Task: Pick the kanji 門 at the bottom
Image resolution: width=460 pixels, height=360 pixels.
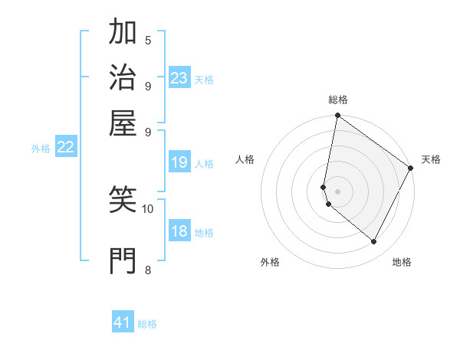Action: [123, 260]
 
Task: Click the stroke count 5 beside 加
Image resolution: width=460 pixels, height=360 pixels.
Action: [148, 40]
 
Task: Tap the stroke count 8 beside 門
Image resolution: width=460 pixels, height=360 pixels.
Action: [148, 269]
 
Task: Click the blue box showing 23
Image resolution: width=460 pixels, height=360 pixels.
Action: [179, 78]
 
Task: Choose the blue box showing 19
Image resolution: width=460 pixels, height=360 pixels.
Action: [179, 162]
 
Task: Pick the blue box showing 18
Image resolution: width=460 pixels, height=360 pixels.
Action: [179, 232]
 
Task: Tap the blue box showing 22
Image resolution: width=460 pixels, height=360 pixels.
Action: [66, 148]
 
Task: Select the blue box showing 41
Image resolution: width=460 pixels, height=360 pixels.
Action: [123, 322]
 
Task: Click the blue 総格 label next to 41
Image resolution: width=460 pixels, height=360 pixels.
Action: [147, 324]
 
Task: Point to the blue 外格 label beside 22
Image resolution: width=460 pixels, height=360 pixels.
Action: [41, 149]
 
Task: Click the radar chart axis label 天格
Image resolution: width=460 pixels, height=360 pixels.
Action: [431, 159]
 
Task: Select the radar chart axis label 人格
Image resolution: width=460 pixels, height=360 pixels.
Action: [245, 159]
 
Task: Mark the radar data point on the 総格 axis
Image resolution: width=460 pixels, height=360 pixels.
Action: [337, 116]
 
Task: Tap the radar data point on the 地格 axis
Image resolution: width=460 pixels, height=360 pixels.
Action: [374, 242]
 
